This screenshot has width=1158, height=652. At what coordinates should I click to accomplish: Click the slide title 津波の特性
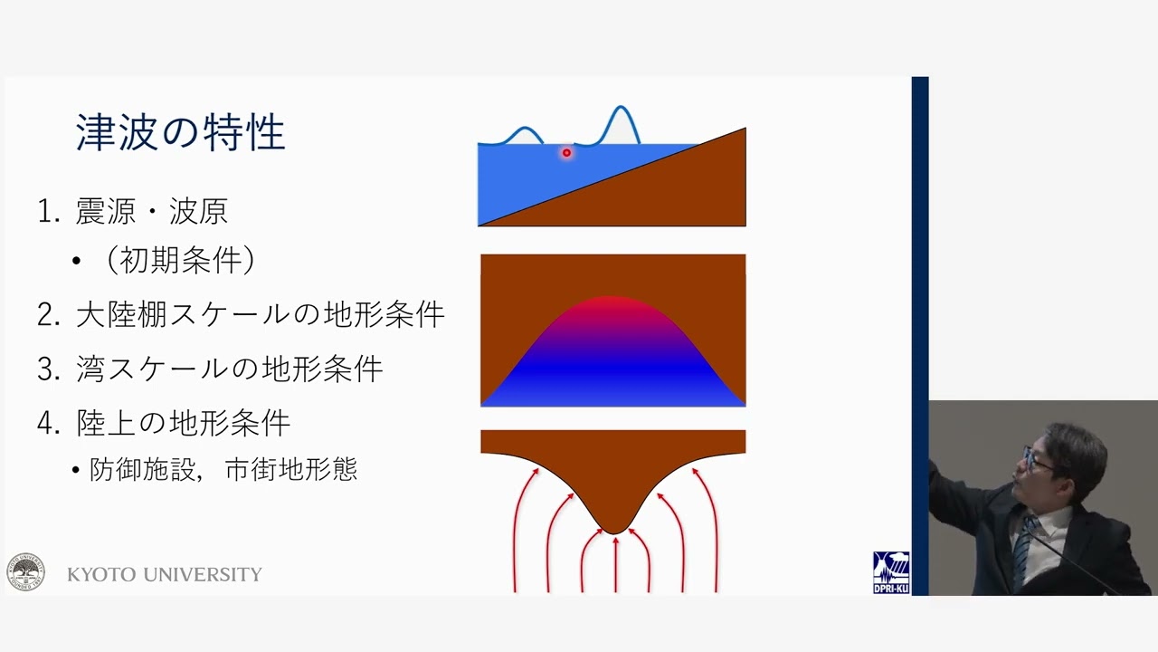pyautogui.click(x=180, y=132)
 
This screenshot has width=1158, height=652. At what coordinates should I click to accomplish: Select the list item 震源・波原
pyautogui.click(x=151, y=211)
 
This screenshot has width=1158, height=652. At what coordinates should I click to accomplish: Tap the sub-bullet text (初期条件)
pyautogui.click(x=181, y=260)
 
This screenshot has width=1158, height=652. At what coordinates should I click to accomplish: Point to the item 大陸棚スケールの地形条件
pyautogui.click(x=260, y=314)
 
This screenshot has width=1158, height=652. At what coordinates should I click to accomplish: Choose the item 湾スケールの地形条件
pyautogui.click(x=230, y=369)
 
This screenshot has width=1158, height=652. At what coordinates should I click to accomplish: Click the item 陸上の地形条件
pyautogui.click(x=184, y=423)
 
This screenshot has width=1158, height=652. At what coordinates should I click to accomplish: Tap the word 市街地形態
pyautogui.click(x=291, y=469)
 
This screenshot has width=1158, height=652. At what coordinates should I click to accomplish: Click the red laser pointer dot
pyautogui.click(x=566, y=153)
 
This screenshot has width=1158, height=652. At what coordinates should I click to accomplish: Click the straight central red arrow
pyautogui.click(x=615, y=564)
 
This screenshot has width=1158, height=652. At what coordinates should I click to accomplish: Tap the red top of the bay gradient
pyautogui.click(x=610, y=303)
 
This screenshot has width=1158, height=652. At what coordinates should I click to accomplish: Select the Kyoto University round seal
pyautogui.click(x=26, y=571)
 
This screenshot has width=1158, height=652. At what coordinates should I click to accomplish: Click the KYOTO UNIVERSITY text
pyautogui.click(x=165, y=574)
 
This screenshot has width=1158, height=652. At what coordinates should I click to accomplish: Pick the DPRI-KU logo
pyautogui.click(x=891, y=572)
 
